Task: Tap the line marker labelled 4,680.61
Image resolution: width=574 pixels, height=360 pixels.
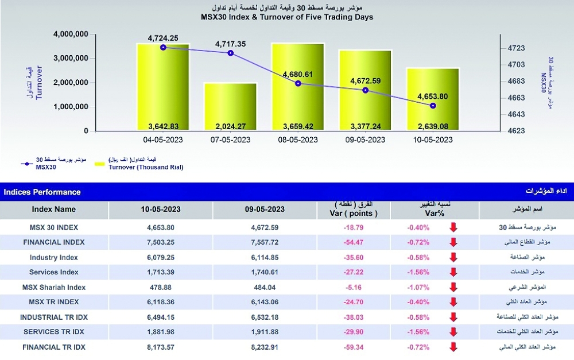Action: pos(298,84)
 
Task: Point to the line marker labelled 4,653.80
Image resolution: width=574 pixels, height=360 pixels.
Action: pos(433,106)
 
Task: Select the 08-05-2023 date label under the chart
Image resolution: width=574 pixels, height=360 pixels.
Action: pos(298,140)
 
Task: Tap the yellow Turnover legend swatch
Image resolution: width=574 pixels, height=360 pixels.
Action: pos(100,165)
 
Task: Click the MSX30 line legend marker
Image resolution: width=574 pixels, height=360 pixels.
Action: pos(25,164)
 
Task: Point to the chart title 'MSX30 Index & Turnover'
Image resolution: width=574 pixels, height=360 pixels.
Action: pos(287,17)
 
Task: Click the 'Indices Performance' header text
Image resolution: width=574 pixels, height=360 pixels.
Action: pos(42,192)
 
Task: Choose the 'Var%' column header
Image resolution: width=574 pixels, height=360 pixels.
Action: pos(418,213)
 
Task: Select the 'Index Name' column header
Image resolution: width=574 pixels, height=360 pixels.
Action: pos(54,210)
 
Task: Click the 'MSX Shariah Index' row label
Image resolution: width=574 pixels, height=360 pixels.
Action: pos(54,287)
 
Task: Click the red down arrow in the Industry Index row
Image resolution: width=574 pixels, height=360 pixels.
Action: pos(453,257)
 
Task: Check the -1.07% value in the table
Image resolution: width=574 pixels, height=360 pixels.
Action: pos(418,287)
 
